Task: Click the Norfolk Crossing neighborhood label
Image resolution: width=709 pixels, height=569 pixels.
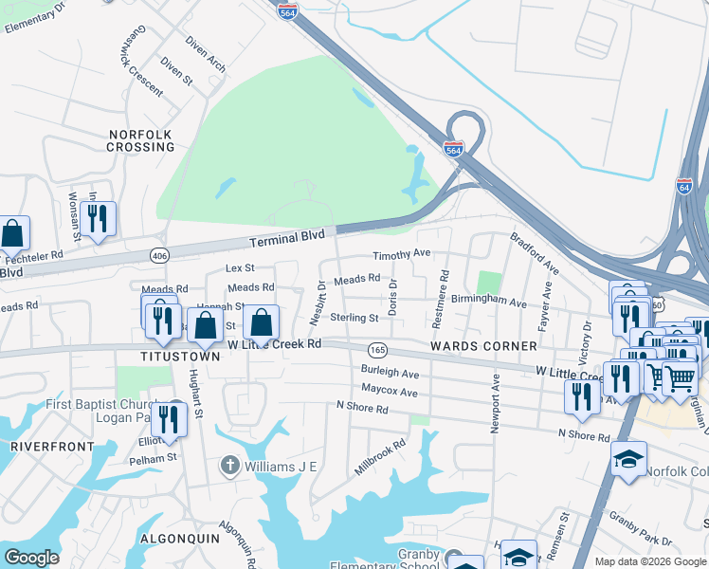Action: tap(140, 141)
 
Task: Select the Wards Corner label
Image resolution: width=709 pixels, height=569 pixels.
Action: tap(471, 347)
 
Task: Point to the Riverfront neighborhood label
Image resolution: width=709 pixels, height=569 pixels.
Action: tap(52, 446)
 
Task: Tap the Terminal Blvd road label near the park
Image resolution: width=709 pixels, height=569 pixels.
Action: tap(287, 238)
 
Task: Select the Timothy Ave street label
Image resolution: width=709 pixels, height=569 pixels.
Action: tap(401, 255)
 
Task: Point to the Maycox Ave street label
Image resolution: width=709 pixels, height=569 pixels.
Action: tap(389, 391)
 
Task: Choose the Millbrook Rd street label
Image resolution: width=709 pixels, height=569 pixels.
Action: tap(379, 456)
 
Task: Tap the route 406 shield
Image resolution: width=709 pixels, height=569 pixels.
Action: tap(158, 254)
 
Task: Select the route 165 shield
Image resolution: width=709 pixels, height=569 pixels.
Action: tap(377, 350)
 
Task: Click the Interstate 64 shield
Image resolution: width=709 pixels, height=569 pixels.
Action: tap(684, 185)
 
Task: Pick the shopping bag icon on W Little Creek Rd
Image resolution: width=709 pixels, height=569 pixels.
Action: tap(263, 322)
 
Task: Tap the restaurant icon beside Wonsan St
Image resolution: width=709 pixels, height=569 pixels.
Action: tap(98, 219)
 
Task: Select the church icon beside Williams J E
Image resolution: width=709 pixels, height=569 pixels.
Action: tap(228, 465)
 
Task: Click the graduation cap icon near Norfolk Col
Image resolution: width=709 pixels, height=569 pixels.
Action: tap(628, 459)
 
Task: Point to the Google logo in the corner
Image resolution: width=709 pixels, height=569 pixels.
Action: tap(31, 558)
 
